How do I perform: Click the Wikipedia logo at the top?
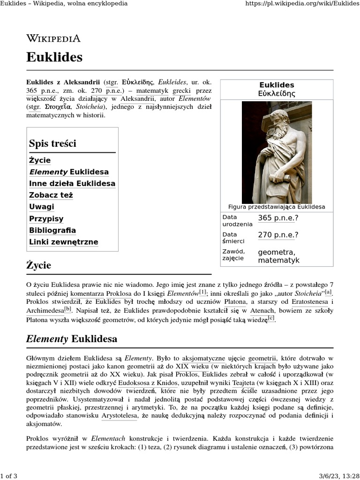pos(53,38)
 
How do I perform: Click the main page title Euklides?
pos(54,57)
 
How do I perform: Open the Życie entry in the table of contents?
pos(40,160)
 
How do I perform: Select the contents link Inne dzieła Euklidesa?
pos(72,184)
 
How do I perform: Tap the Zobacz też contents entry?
pos(51,195)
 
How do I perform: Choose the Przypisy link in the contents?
pos(46,219)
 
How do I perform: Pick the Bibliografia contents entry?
pos(52,231)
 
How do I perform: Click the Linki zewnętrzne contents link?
pos(64,242)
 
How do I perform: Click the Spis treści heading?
pos(52,143)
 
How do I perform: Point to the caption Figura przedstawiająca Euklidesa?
pos(277,207)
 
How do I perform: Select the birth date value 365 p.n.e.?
pos(278,218)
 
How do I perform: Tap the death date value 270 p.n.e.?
pos(278,235)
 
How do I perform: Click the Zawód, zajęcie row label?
pos(233,255)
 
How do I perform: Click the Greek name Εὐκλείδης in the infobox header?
pos(277,93)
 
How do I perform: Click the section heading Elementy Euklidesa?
pos(72,339)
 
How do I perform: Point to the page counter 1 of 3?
pos(9,476)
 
